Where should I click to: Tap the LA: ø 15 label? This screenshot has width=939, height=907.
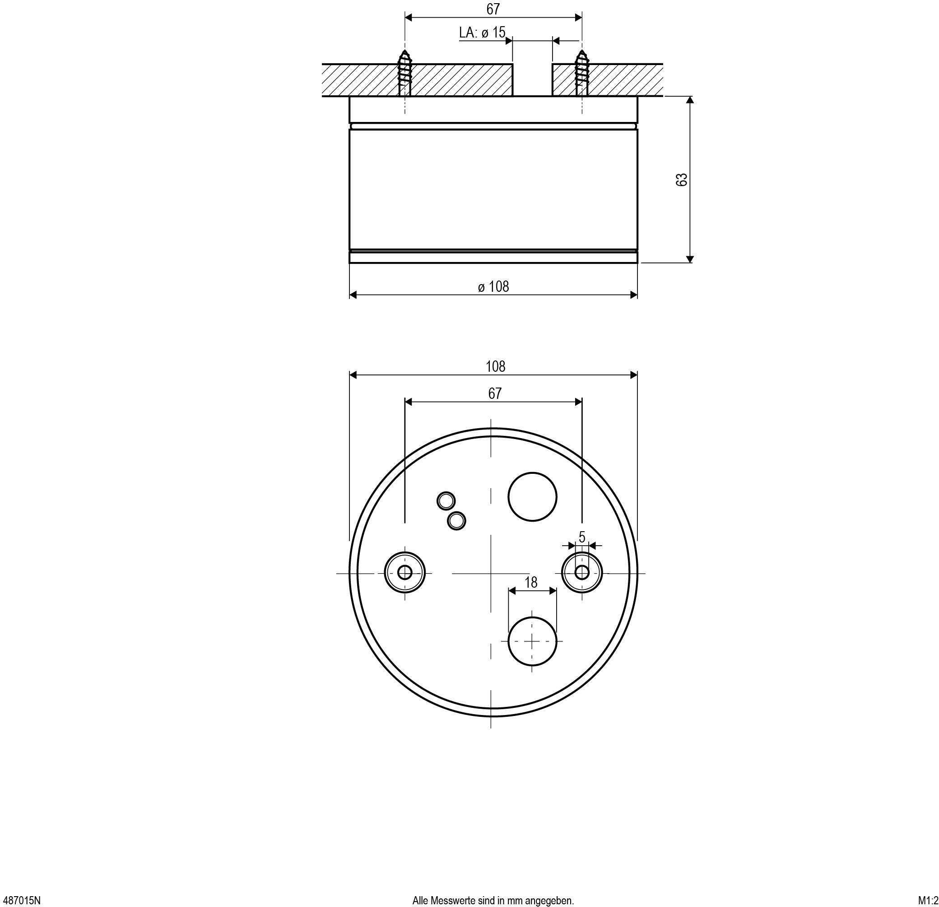click(482, 33)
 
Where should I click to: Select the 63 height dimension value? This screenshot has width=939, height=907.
click(681, 179)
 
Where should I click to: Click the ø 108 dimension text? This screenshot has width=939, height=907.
click(493, 286)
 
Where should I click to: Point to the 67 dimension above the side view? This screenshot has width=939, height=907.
click(493, 9)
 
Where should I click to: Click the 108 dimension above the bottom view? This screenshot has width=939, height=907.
click(495, 366)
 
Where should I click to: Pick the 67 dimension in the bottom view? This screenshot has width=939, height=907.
click(494, 393)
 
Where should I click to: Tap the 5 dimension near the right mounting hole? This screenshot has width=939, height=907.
click(581, 537)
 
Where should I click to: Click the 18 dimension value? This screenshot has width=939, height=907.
click(531, 582)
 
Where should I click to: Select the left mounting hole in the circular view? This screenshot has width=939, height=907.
click(405, 572)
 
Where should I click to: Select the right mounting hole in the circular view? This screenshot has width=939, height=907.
click(581, 572)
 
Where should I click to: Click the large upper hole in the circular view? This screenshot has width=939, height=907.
click(532, 497)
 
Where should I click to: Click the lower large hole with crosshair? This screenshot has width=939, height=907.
click(532, 641)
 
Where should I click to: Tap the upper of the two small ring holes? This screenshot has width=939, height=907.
click(446, 500)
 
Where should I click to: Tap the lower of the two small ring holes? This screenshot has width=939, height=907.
click(456, 520)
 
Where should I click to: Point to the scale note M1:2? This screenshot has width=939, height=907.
click(928, 900)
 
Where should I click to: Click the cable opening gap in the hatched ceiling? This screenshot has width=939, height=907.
click(532, 79)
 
